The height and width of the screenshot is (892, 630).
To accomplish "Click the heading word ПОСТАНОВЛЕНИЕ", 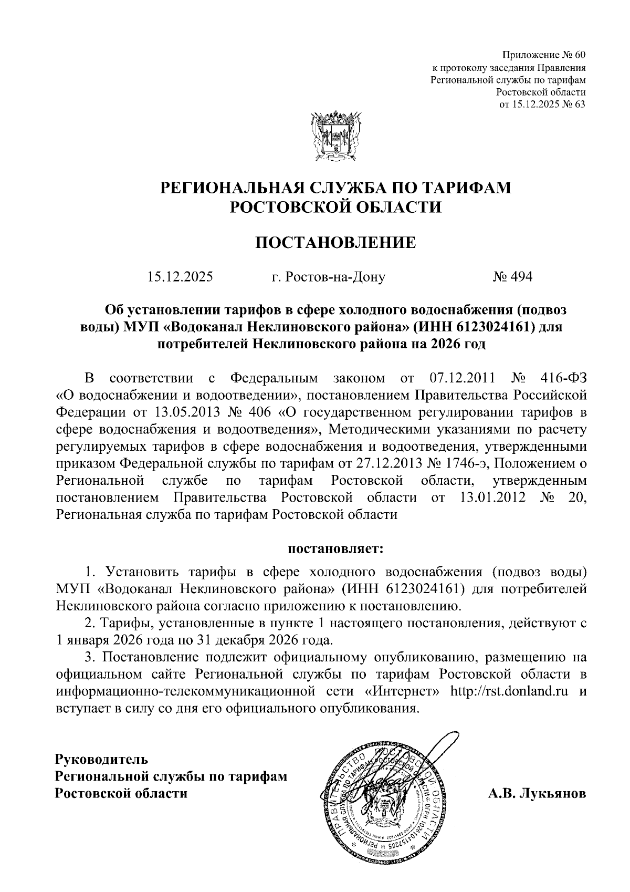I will click(x=335, y=243).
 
